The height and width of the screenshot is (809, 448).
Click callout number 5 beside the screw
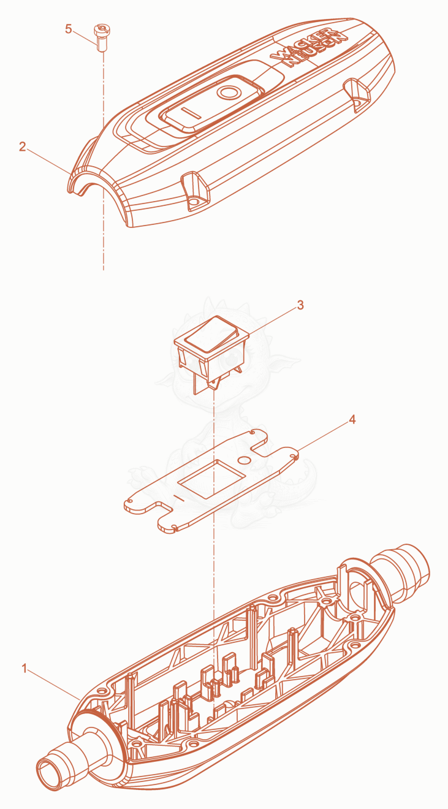(x=68, y=29)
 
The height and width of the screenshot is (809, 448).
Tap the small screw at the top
(x=101, y=37)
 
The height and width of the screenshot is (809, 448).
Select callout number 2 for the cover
(x=23, y=146)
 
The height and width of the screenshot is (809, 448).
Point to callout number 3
(x=300, y=305)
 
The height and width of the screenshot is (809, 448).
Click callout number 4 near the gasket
(x=352, y=419)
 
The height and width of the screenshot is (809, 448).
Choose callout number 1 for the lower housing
(x=25, y=669)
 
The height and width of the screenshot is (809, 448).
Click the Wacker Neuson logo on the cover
(x=308, y=47)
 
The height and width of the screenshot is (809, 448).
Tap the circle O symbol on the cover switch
(x=229, y=93)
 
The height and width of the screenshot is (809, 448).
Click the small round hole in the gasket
(x=244, y=460)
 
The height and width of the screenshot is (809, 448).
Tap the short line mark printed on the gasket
(x=179, y=499)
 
